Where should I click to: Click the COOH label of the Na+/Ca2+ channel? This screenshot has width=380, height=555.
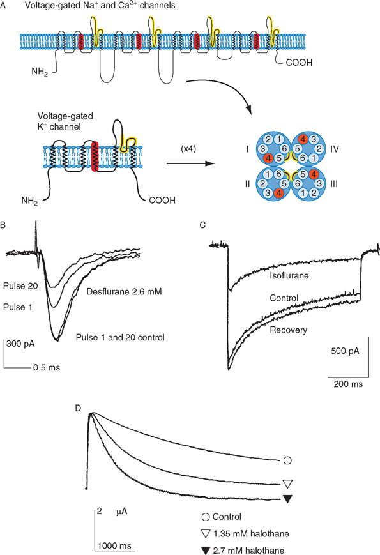[299, 63]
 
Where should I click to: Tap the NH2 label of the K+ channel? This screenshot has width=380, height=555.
[29, 201]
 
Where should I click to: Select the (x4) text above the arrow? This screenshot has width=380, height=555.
[188, 149]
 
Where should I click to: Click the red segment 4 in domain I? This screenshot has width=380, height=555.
[268, 158]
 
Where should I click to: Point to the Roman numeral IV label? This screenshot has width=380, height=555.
[335, 149]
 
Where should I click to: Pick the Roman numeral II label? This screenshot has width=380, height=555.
[247, 184]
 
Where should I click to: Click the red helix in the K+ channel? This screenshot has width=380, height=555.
[94, 157]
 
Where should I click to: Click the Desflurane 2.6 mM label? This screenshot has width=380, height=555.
[124, 292]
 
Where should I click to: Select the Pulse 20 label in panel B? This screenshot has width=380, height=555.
[20, 286]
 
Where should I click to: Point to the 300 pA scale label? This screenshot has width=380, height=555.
[20, 344]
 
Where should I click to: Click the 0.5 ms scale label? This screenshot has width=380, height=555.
[47, 367]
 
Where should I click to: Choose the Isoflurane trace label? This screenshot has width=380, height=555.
[289, 275]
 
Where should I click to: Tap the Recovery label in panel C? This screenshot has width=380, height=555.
[289, 330]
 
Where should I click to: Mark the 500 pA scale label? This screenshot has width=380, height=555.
[345, 351]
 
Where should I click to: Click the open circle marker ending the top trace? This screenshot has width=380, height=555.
[287, 460]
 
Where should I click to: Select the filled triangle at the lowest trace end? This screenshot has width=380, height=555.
[287, 499]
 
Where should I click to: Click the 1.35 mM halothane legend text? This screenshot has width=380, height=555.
[251, 533]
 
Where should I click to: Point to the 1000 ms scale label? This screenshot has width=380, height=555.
[114, 545]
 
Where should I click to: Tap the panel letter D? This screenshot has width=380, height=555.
[78, 408]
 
